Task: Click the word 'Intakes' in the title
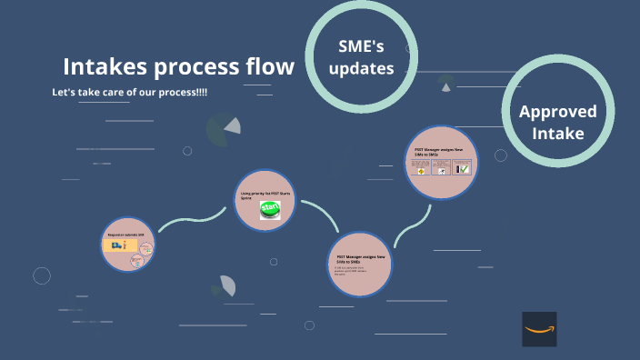click(x=101, y=66)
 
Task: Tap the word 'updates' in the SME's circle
click(x=361, y=68)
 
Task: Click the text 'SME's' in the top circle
click(x=361, y=46)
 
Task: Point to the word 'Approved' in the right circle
click(x=557, y=112)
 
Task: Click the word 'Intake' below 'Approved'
click(x=557, y=134)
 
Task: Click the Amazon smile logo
click(x=539, y=329)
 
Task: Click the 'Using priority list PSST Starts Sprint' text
click(x=265, y=195)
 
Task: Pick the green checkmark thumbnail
click(x=463, y=168)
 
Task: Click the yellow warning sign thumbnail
click(x=422, y=168)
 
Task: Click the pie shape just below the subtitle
click(x=223, y=129)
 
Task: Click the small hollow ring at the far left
click(x=42, y=275)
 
